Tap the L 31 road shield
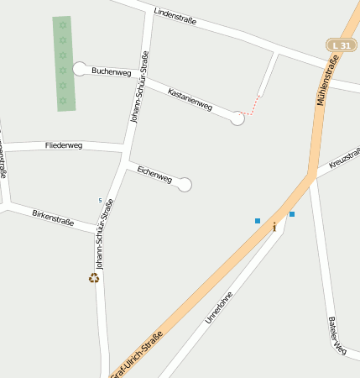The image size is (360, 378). tap(341, 45)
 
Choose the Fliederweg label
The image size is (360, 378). tap(63, 145)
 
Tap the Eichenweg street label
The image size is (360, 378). tap(154, 175)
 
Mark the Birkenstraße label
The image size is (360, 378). tap(53, 218)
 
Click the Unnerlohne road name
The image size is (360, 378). tap(219, 307)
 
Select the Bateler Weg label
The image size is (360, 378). tap(338, 335)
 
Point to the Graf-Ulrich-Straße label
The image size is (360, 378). tap(137, 354)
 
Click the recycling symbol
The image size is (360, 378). tap(94, 277)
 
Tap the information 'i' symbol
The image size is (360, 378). tap(274, 227)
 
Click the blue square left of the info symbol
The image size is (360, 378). tap(258, 221)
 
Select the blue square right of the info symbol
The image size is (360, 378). tap(292, 214)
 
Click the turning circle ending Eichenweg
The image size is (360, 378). tap(185, 185)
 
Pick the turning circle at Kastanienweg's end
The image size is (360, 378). tap(237, 119)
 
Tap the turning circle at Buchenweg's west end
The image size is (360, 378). tap(80, 68)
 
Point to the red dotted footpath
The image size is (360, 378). tap(250, 107)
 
